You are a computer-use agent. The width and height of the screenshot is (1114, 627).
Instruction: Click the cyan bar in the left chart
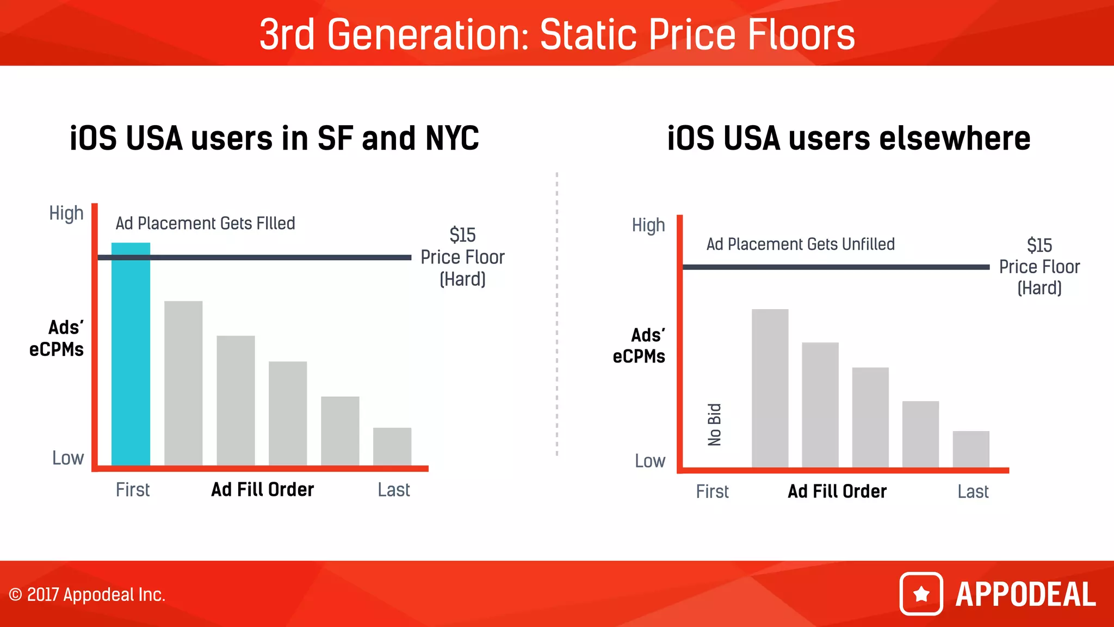[x=131, y=354]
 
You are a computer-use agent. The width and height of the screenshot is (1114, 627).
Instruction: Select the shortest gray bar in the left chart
[x=392, y=446]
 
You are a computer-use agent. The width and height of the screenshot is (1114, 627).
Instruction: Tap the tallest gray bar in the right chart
[x=770, y=388]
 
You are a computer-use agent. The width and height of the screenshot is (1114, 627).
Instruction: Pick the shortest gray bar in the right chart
[x=971, y=449]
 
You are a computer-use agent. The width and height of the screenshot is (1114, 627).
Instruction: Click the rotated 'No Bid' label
[x=714, y=425]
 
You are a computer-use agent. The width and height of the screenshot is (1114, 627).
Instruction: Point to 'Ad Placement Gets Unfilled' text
[x=800, y=244]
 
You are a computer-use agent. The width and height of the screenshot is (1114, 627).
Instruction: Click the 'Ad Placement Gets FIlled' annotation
[x=205, y=223]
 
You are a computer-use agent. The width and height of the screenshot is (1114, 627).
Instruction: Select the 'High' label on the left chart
[x=66, y=213]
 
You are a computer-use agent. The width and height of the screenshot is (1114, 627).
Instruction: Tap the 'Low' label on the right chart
[x=650, y=461]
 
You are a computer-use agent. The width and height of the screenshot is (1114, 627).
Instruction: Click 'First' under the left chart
[x=133, y=490]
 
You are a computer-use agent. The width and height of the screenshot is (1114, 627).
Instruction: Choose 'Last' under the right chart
[x=973, y=491]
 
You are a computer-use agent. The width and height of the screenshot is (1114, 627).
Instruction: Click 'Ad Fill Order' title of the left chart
[x=263, y=490]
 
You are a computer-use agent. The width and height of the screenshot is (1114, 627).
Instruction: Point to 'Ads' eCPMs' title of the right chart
[x=639, y=346]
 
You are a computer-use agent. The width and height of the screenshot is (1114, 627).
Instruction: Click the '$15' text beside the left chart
[x=462, y=235]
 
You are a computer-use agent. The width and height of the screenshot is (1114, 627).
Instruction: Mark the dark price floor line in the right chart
[x=836, y=267]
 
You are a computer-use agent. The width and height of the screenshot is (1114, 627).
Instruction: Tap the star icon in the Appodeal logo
[x=921, y=594]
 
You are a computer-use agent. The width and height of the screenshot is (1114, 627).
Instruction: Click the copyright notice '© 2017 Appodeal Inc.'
[x=87, y=594]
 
